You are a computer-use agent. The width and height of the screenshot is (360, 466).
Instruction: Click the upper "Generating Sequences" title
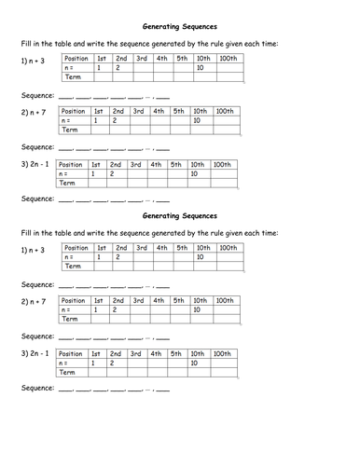point(181,26)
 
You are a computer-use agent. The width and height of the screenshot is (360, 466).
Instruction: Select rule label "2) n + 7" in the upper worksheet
point(34,112)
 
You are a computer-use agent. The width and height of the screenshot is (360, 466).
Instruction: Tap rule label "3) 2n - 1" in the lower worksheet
point(35,354)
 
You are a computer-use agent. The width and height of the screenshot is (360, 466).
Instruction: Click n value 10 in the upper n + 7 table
point(197,121)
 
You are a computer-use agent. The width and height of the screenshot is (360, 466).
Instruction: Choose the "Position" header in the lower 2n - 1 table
point(73,354)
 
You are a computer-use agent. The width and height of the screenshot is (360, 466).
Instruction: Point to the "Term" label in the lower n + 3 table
point(73,267)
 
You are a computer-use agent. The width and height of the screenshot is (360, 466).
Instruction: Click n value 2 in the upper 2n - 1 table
point(112,174)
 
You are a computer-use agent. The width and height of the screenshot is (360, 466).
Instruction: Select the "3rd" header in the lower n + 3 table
point(142,248)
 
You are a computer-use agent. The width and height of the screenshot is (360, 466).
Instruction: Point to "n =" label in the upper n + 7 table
point(67,121)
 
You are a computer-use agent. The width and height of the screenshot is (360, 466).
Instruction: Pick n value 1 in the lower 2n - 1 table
point(93,363)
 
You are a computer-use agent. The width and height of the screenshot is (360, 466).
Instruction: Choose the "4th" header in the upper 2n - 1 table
point(155,165)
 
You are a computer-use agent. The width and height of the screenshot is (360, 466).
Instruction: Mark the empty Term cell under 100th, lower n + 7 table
point(224,320)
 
